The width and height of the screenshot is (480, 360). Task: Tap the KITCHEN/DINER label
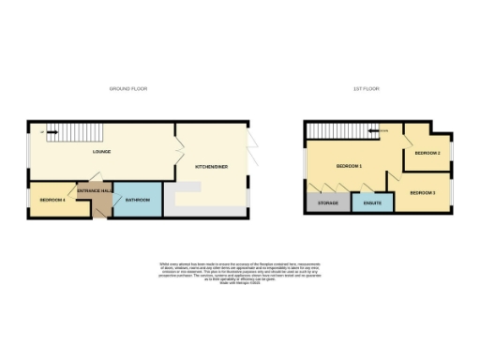[x=211, y=166]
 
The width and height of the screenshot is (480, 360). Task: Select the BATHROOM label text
[x=139, y=200]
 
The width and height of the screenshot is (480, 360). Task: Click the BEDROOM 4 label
[x=52, y=200]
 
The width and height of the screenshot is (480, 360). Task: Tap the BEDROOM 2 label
[x=427, y=152]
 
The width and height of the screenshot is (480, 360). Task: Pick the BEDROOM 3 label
[x=422, y=192]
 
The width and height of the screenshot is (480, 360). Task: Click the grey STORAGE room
[x=327, y=202]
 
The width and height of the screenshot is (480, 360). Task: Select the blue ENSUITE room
[x=370, y=202]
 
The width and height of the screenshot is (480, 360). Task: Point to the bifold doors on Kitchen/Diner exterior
[x=253, y=141]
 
